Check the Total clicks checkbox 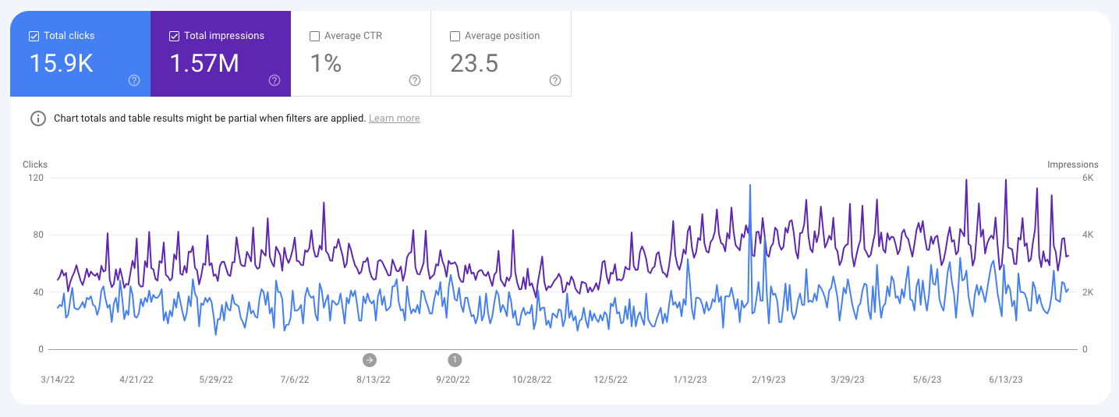(34, 36)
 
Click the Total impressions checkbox (174, 36)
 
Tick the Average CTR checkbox (314, 36)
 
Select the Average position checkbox (455, 36)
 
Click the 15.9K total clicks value (61, 64)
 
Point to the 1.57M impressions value (204, 64)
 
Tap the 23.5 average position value (474, 64)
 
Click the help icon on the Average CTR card (415, 80)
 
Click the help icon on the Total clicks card (134, 80)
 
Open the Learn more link (394, 118)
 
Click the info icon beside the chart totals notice (37, 118)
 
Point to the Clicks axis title (35, 164)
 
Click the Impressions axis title (1072, 164)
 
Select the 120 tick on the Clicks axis (35, 178)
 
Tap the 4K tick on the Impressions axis (1088, 235)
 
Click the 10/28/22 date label (532, 380)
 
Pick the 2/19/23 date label (769, 380)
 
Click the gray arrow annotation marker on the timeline (370, 359)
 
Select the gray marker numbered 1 (455, 359)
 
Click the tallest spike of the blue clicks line (750, 186)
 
